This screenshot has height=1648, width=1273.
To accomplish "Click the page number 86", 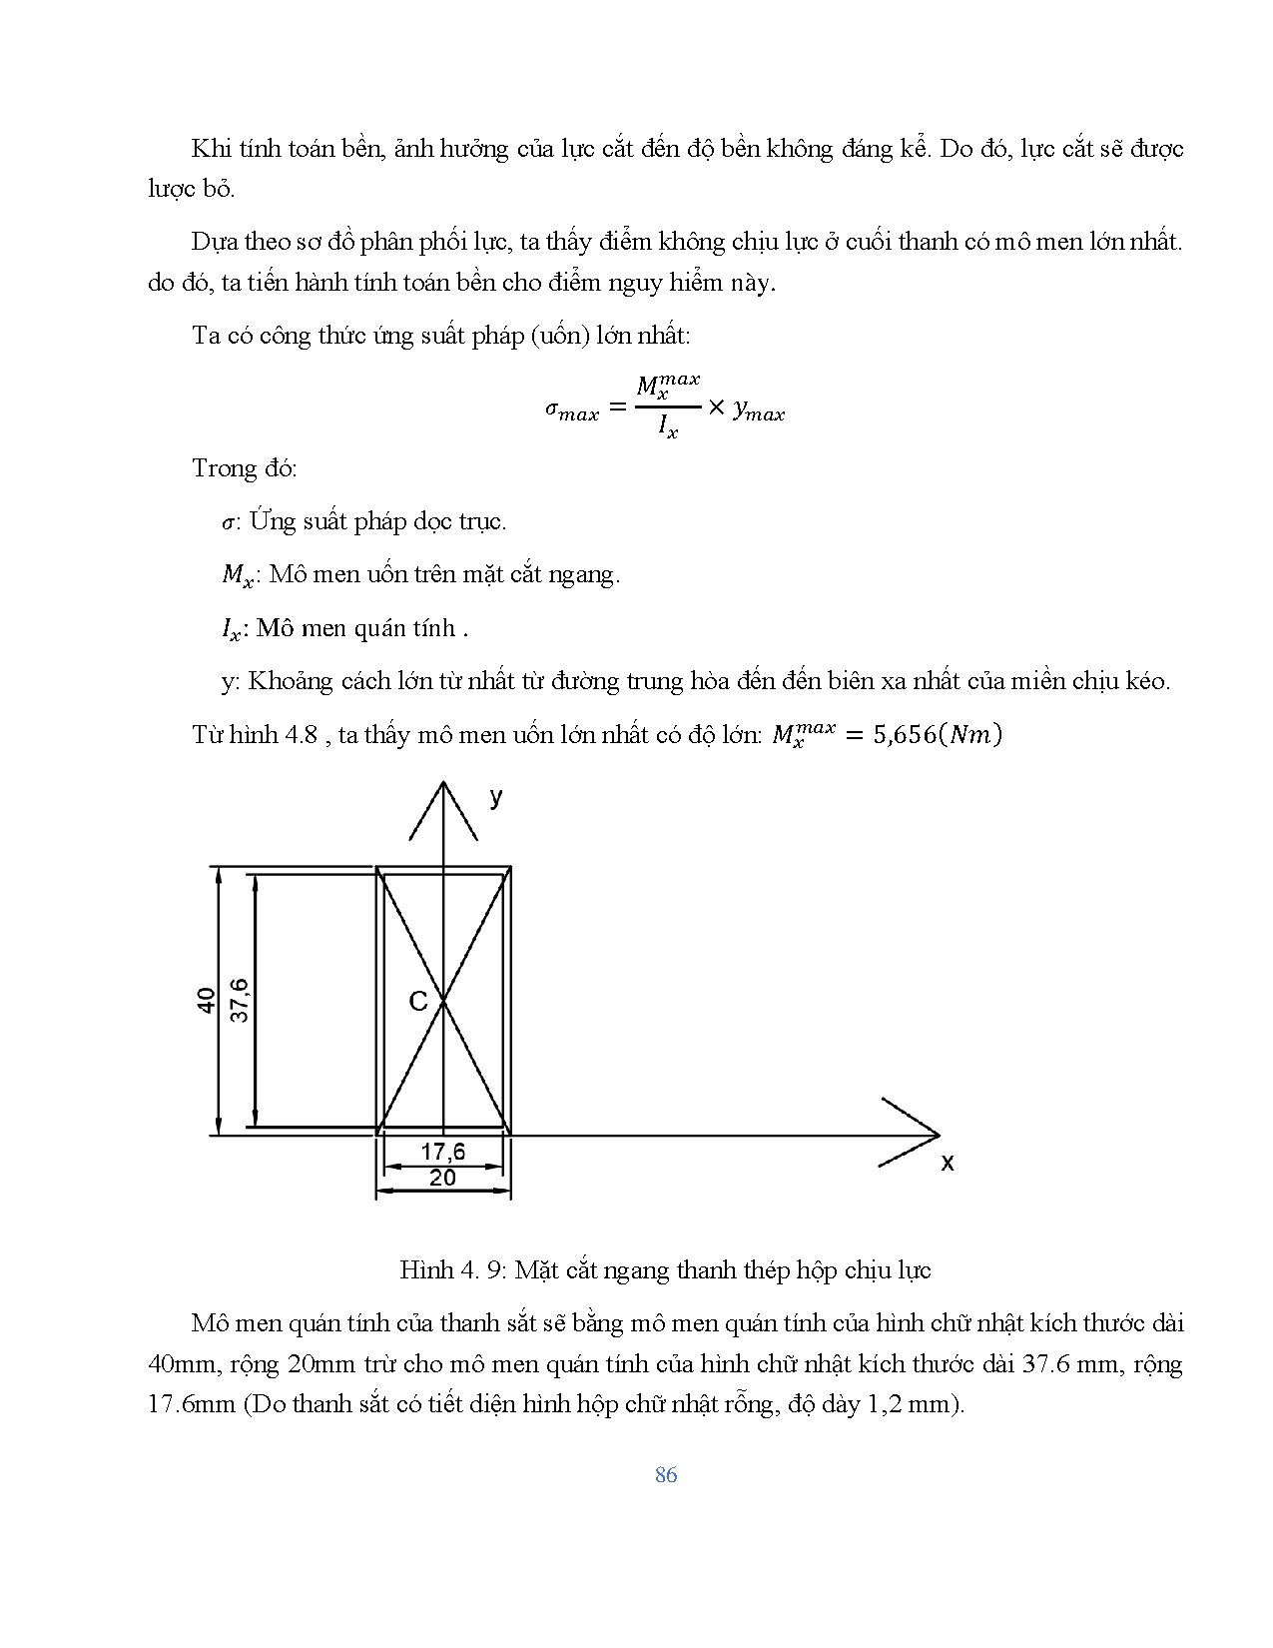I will [666, 1475].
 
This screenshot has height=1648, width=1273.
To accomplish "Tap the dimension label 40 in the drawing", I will [206, 1000].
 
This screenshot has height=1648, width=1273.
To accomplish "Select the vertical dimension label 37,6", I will [240, 1000].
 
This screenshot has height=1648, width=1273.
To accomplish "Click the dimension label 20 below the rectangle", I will [442, 1178].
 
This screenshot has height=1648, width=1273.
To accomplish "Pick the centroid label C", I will [418, 1001].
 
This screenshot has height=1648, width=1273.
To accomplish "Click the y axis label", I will [495, 797].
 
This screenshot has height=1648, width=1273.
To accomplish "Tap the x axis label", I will [948, 1163].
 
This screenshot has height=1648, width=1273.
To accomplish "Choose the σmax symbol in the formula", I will [572, 411].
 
